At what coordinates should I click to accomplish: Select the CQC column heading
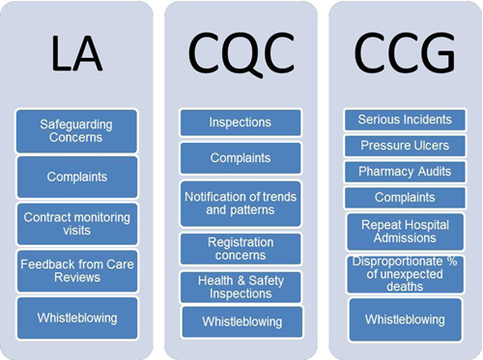(x=240, y=53)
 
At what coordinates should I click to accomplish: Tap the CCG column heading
(x=404, y=53)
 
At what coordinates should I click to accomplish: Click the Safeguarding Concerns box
(x=76, y=130)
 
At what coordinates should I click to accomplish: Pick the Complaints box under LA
(x=76, y=177)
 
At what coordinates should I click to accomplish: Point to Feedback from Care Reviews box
(x=76, y=271)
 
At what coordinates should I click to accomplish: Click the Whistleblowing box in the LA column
(x=76, y=317)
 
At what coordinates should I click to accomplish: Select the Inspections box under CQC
(x=241, y=123)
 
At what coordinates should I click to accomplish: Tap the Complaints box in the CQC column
(x=241, y=156)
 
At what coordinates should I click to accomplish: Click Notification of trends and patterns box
(x=241, y=204)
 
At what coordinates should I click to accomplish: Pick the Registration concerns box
(x=241, y=249)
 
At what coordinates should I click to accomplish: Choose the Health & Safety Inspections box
(x=241, y=288)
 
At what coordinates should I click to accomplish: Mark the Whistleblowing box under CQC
(x=241, y=320)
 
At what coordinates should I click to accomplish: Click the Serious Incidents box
(x=404, y=120)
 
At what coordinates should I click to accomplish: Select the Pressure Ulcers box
(x=404, y=145)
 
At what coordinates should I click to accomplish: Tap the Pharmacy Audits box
(x=404, y=171)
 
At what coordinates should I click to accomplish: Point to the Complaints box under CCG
(x=404, y=196)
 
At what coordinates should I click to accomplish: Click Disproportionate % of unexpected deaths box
(x=404, y=274)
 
